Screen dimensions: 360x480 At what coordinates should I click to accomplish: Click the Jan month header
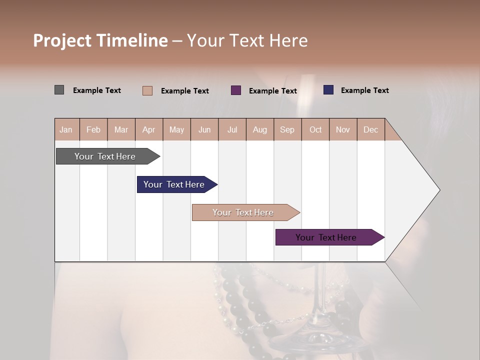click(66, 129)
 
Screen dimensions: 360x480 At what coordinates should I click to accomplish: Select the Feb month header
click(93, 129)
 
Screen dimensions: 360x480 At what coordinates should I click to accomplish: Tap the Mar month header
click(121, 129)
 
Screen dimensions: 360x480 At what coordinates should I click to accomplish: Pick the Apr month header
click(149, 129)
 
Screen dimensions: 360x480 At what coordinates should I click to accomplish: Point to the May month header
click(176, 129)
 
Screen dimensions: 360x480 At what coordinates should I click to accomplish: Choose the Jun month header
click(204, 129)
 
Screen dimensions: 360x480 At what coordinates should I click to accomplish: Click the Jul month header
click(232, 129)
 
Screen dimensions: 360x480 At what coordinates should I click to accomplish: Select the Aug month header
click(260, 129)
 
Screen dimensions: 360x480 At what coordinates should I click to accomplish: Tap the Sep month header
click(287, 129)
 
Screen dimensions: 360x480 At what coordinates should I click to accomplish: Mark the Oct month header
click(315, 129)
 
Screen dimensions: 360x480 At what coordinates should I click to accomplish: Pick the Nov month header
click(343, 129)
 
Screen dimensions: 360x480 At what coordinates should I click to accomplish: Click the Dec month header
click(370, 129)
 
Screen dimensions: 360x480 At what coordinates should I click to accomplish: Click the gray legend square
click(59, 90)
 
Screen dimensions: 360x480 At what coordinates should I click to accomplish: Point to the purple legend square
click(236, 90)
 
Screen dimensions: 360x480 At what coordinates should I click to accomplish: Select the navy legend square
click(328, 90)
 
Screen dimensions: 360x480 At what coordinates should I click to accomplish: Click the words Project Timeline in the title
click(100, 40)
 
